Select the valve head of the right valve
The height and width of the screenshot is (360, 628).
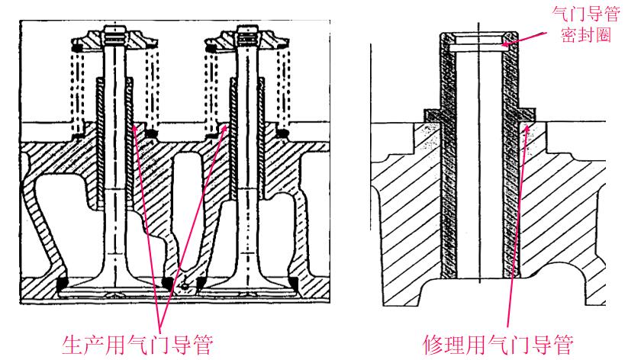tap(244, 286)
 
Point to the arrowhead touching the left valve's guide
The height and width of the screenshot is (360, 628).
tap(134, 128)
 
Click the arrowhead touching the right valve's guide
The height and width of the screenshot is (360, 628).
tap(226, 128)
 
